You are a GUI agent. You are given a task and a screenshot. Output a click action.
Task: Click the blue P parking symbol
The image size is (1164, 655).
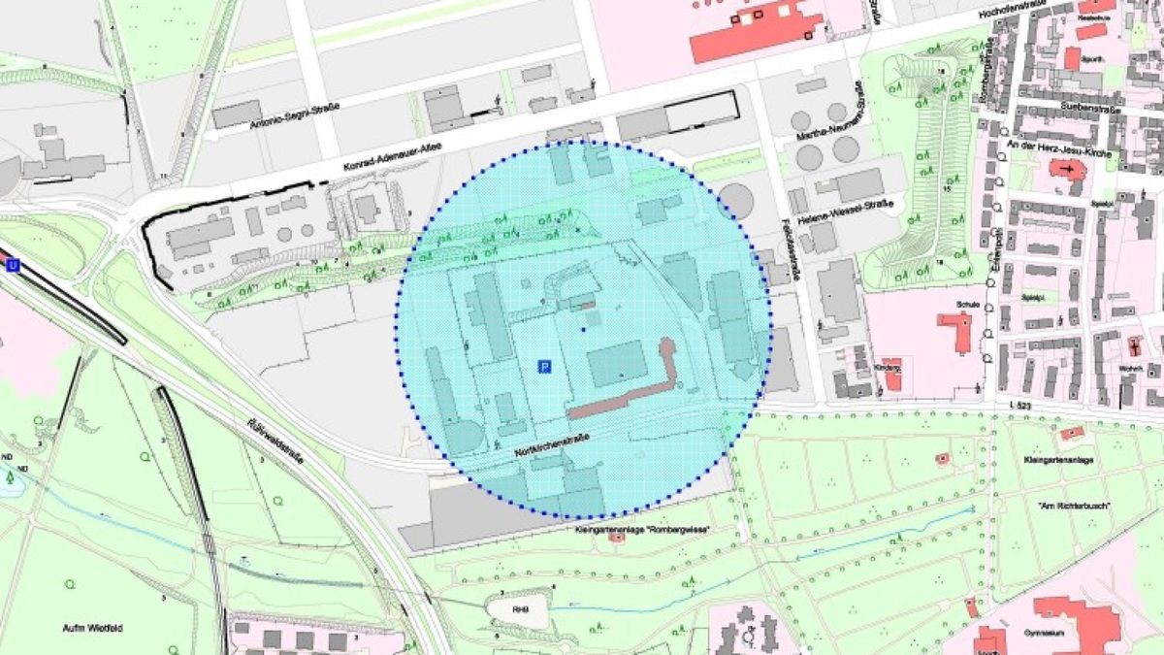[x=544, y=367]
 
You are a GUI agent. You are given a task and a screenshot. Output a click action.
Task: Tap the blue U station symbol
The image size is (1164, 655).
[x=13, y=265]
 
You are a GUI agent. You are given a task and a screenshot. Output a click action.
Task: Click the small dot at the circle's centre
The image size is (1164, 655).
[x=582, y=330]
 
